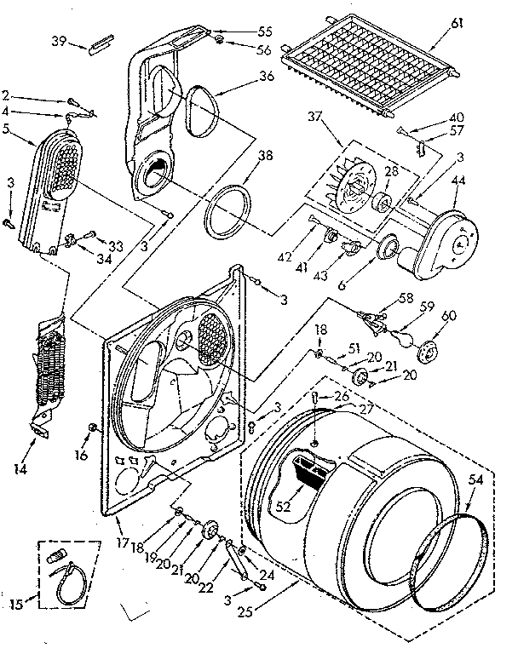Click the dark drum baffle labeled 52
[x=307, y=473]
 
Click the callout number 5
[x=6, y=129]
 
